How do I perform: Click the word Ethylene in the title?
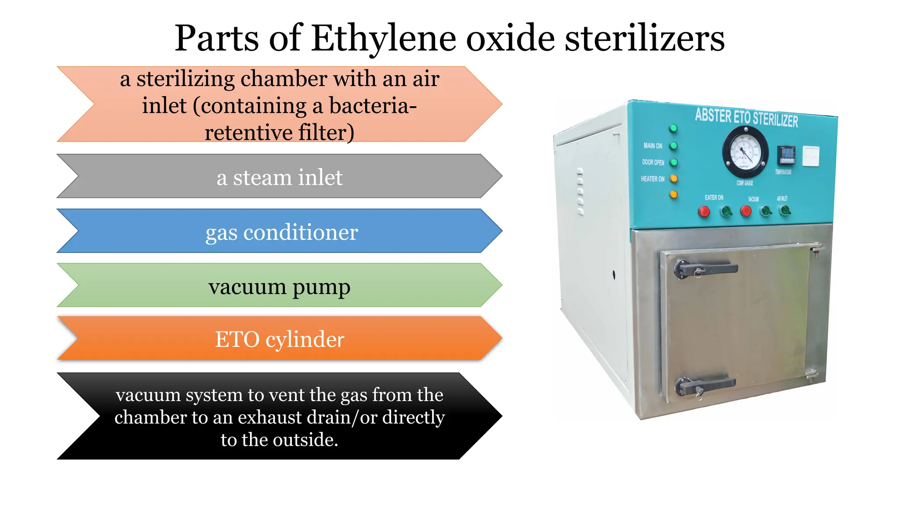(x=384, y=39)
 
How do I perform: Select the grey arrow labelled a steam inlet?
(x=279, y=177)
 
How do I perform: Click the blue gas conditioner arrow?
(x=281, y=231)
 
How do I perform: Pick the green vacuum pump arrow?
(x=279, y=286)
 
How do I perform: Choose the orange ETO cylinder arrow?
(x=279, y=339)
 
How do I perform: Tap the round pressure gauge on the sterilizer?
(x=745, y=152)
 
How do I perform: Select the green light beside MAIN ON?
(x=674, y=145)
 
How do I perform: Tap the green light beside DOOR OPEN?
(x=674, y=162)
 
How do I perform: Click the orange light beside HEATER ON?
(x=673, y=178)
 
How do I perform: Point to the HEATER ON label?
(x=653, y=179)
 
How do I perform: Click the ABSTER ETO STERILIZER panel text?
(x=746, y=117)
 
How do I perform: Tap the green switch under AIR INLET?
(x=785, y=211)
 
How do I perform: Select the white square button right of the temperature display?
(x=811, y=156)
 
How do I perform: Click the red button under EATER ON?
(x=704, y=212)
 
